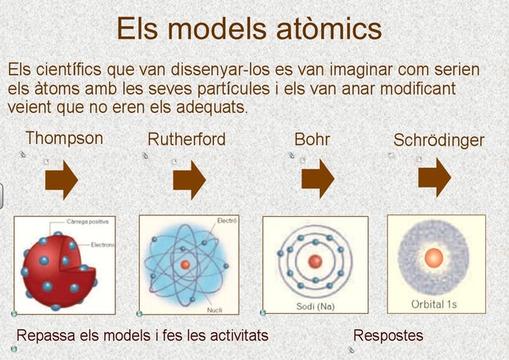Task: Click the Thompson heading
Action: point(64,138)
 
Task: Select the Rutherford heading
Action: point(186,139)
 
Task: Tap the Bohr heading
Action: point(312,139)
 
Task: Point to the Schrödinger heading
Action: point(438,140)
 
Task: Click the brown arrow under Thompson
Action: point(62,180)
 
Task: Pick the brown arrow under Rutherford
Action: point(189,180)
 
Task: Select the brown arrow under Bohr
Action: point(318,179)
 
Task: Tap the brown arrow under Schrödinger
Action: point(435,178)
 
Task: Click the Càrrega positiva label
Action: point(87,222)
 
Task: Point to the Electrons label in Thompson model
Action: point(103,245)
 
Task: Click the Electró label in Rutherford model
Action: point(227,221)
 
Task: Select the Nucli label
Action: point(215,310)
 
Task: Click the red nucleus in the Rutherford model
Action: point(185,265)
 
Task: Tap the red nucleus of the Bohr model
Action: point(315,261)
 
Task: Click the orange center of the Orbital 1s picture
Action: point(433,258)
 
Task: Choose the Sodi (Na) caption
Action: point(315,306)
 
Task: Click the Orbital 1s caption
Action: point(433,304)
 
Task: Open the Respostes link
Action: point(388,335)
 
